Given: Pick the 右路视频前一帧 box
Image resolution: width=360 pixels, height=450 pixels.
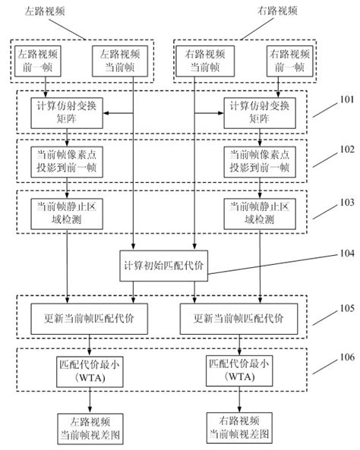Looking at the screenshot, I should pos(286,59).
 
